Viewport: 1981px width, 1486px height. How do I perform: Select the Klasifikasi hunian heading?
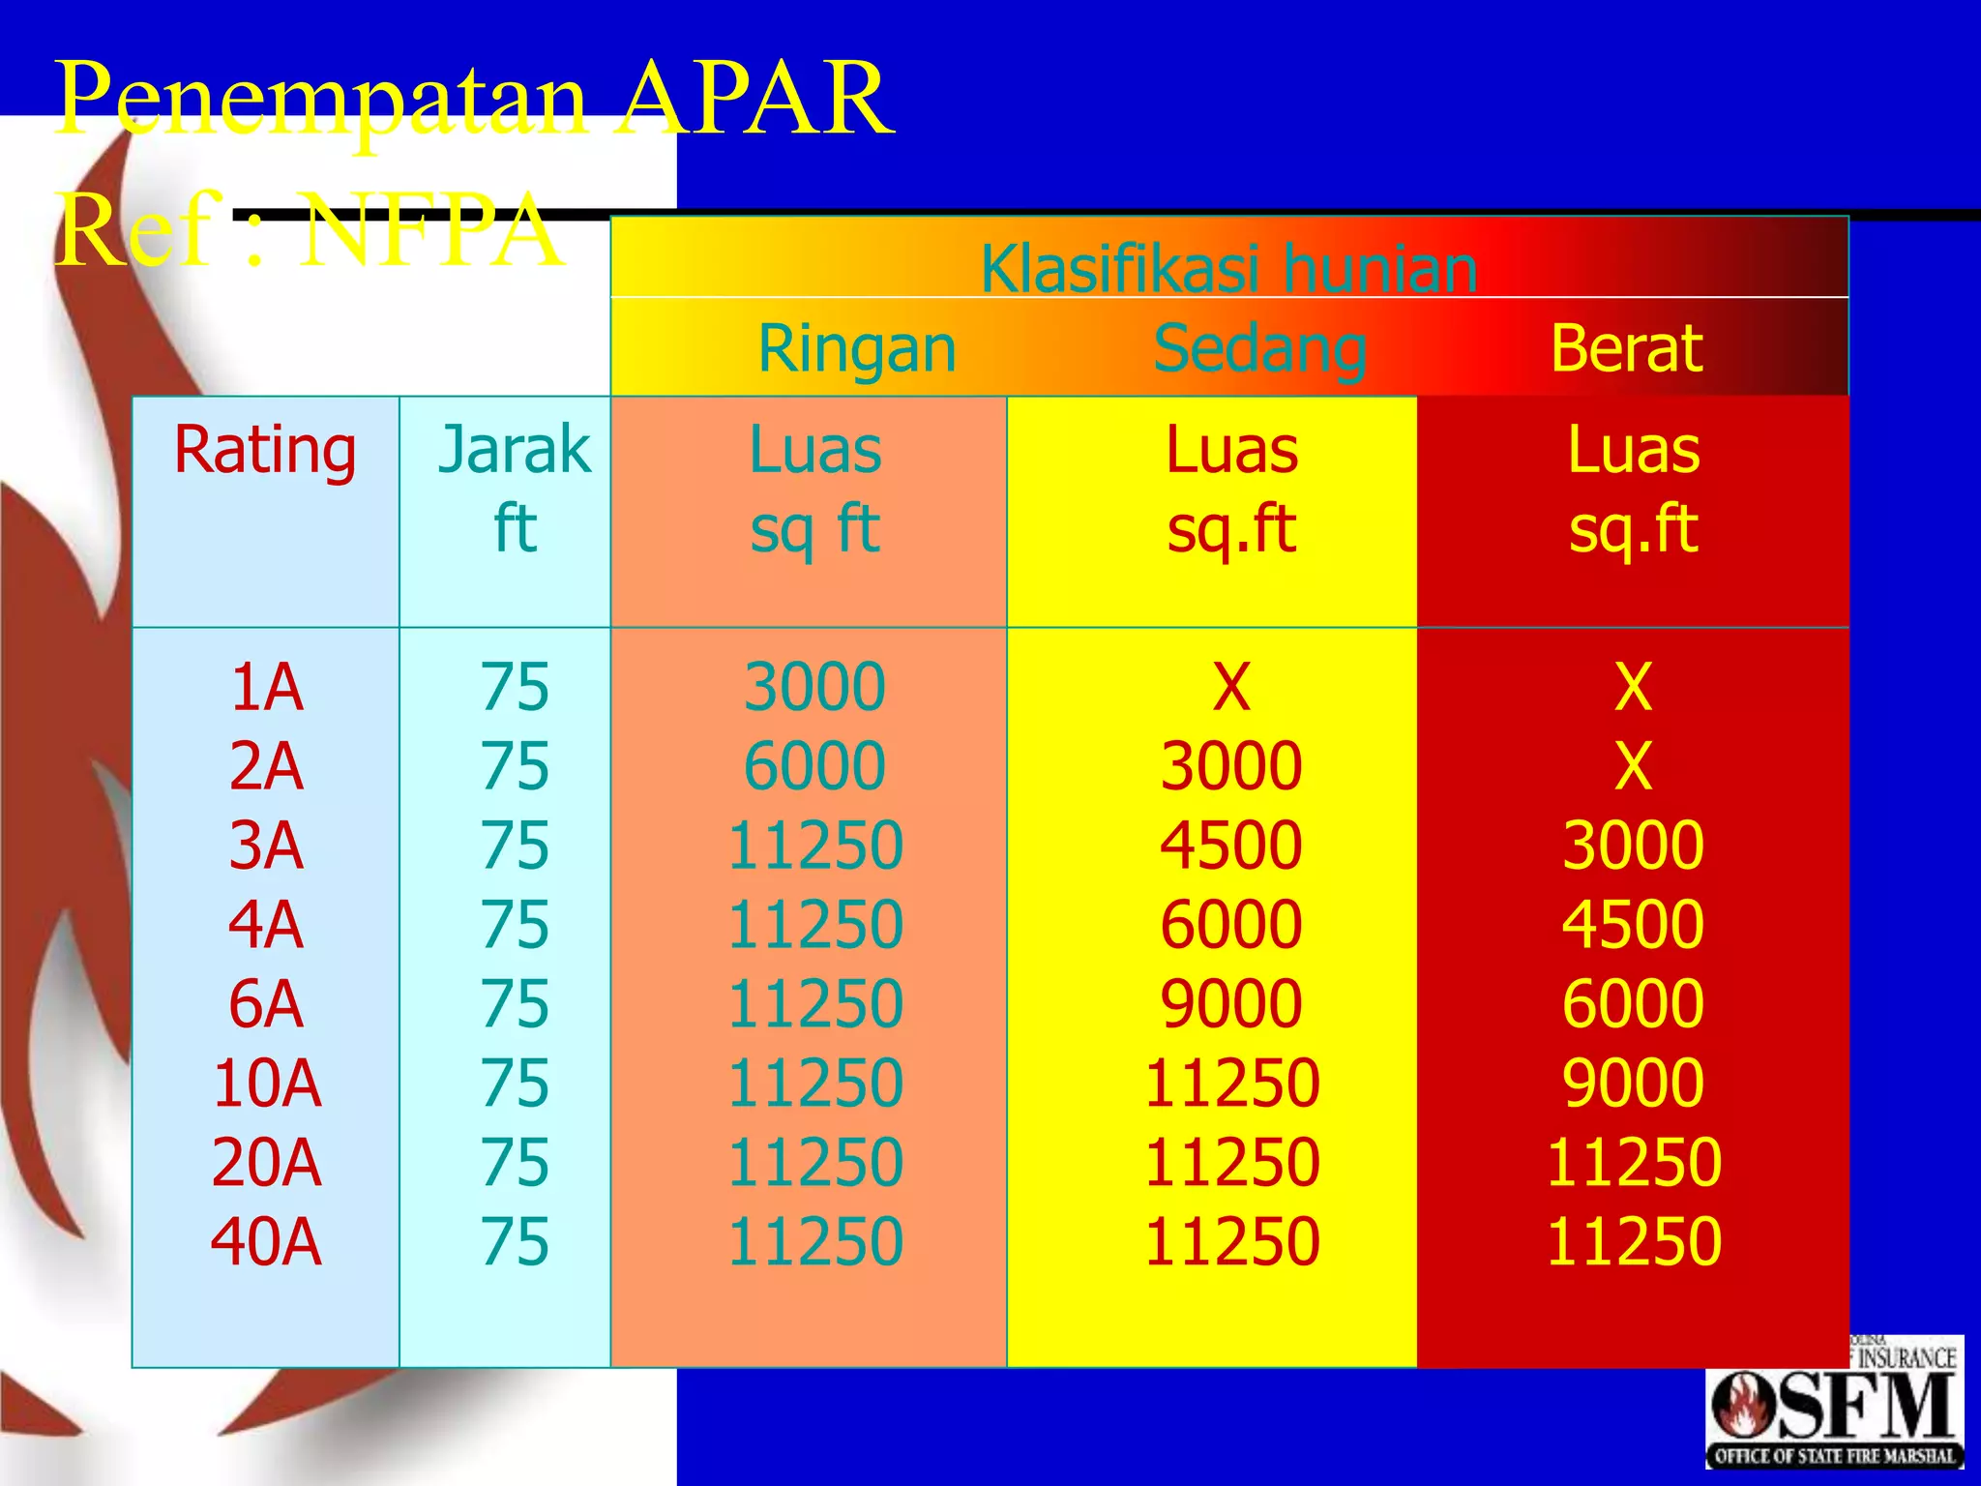1228,268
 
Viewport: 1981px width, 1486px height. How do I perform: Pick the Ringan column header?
857,348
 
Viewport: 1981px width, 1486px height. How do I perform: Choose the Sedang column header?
1259,348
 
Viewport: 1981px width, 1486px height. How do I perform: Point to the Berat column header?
1626,348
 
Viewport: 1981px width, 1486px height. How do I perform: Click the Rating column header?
265,450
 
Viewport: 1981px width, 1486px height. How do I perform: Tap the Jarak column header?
514,450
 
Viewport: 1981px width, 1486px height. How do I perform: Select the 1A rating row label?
266,688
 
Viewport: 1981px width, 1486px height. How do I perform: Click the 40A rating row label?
266,1241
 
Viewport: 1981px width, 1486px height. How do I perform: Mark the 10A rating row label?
266,1083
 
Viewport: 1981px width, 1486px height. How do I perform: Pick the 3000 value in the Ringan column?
814,688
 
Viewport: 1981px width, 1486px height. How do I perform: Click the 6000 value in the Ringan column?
814,766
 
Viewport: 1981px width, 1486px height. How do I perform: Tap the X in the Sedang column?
1231,688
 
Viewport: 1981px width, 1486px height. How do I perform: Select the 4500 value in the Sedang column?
1231,846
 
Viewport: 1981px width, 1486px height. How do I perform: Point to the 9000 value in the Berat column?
1633,1083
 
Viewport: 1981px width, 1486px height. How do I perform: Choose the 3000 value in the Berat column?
1633,846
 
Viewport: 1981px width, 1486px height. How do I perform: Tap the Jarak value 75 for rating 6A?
515,1003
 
